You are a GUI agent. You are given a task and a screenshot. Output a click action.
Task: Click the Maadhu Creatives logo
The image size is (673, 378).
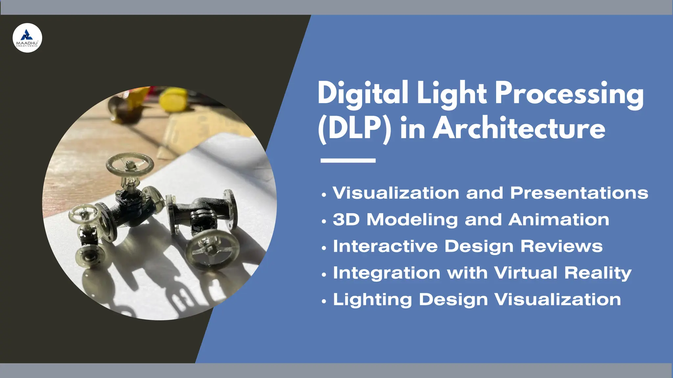pos(27,38)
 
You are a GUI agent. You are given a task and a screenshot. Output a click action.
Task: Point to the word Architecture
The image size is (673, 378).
pos(519,129)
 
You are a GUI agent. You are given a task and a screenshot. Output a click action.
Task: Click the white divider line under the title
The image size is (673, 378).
pos(348,160)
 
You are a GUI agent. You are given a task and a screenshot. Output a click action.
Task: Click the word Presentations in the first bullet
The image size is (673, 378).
pos(579,193)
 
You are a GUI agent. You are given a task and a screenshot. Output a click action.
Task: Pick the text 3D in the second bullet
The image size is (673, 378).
pos(346,220)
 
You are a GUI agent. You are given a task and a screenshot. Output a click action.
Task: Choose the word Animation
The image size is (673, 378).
pos(559,220)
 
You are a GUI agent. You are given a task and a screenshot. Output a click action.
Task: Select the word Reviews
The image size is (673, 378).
pos(562,246)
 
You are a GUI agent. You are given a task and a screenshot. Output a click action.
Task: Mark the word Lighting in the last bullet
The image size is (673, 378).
pos(372,300)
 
